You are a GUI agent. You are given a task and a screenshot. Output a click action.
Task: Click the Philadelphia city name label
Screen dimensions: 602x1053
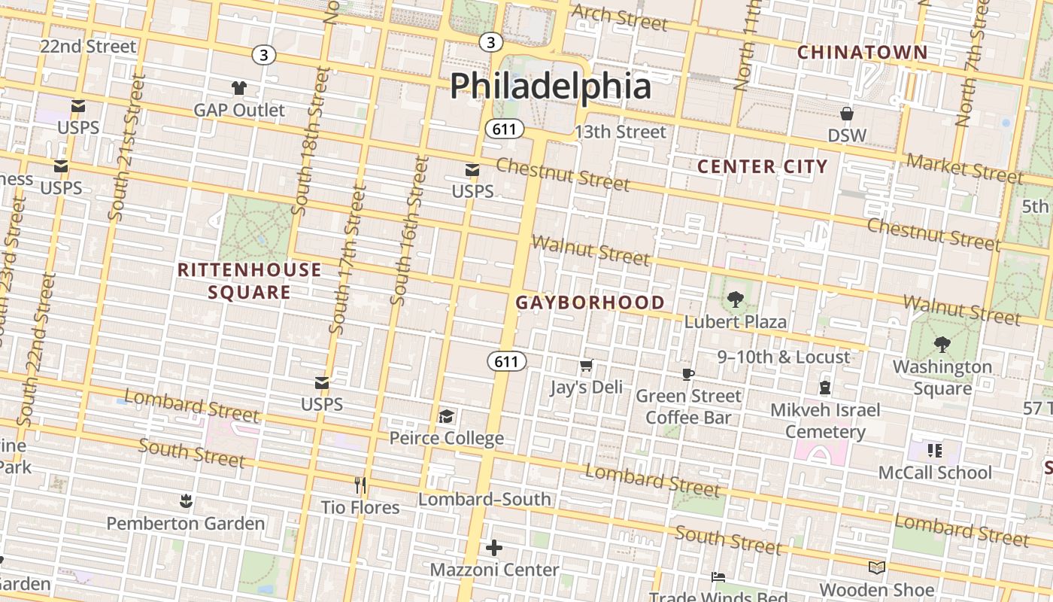[x=550, y=86]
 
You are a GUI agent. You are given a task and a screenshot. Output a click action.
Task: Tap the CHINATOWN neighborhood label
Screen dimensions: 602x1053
[x=862, y=53]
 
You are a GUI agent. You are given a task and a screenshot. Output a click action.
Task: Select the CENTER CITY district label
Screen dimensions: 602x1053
[x=762, y=166]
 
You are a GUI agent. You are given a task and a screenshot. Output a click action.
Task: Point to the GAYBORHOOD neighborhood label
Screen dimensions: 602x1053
[x=590, y=303]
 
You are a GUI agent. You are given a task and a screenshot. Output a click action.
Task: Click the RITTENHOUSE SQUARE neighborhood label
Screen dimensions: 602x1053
[x=249, y=281]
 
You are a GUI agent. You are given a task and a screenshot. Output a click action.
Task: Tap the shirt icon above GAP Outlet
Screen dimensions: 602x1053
[x=239, y=87]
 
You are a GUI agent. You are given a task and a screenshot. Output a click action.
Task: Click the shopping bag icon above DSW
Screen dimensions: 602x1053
[x=847, y=114]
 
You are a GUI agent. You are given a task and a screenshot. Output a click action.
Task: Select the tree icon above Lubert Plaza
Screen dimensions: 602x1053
[x=735, y=299]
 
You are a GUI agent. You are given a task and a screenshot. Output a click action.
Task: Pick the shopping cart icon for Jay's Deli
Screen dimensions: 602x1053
[x=586, y=366]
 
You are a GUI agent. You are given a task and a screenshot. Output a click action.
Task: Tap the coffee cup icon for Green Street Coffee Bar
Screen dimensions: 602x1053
[x=687, y=374]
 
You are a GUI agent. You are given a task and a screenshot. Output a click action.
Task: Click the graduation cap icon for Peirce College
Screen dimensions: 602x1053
[x=446, y=416]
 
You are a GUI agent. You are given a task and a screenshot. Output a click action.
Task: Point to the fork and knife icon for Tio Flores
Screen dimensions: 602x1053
[x=360, y=485]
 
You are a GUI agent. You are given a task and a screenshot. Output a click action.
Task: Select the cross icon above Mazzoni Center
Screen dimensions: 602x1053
[x=494, y=548]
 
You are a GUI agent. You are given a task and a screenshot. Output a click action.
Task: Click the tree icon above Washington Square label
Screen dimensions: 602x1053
[x=942, y=345]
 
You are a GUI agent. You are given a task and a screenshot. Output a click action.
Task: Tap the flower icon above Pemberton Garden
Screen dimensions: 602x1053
[x=185, y=500]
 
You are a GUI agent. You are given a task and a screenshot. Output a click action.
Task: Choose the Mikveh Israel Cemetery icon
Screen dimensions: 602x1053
[x=825, y=388]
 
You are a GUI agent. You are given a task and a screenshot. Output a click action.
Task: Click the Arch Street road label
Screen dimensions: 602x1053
[x=619, y=17]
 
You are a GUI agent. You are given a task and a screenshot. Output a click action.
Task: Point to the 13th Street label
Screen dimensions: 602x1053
[x=620, y=132]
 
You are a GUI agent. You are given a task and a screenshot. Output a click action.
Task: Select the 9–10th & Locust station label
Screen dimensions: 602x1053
[x=783, y=357]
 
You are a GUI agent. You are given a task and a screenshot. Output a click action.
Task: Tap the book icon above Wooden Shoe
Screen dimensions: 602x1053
[x=876, y=567]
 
